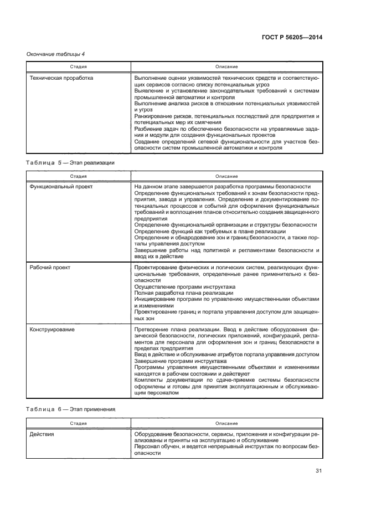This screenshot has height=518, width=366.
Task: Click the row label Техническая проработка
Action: coord(61,78)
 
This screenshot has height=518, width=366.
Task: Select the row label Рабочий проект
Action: coord(50,268)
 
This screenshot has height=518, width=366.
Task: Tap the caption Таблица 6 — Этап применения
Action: coord(71,409)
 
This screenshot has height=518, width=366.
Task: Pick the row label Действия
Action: coord(42,434)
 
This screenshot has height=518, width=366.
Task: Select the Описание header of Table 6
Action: coord(226,423)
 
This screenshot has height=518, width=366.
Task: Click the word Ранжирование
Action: coord(152,116)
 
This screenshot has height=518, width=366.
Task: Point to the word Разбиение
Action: coord(148,128)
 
